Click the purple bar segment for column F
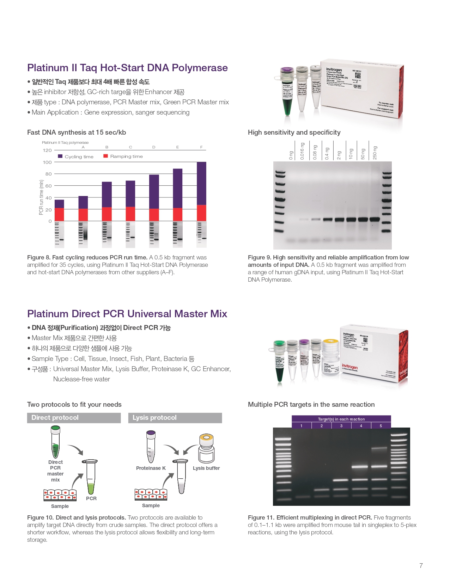click(x=201, y=183)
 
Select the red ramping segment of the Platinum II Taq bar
click(x=59, y=214)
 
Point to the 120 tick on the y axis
click(x=47, y=151)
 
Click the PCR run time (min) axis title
click(x=41, y=197)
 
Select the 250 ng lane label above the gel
click(x=375, y=153)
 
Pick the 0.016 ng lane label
click(x=302, y=151)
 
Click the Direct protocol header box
click(x=74, y=418)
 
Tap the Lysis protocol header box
click(x=175, y=418)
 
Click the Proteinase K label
click(x=151, y=468)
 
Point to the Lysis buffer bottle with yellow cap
click(x=206, y=448)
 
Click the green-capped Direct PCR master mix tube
click(x=55, y=442)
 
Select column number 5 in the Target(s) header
click(x=381, y=426)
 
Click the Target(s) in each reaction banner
click(x=341, y=419)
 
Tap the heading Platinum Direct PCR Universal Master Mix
click(x=127, y=314)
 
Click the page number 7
click(x=421, y=565)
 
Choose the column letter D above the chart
click(x=154, y=147)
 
